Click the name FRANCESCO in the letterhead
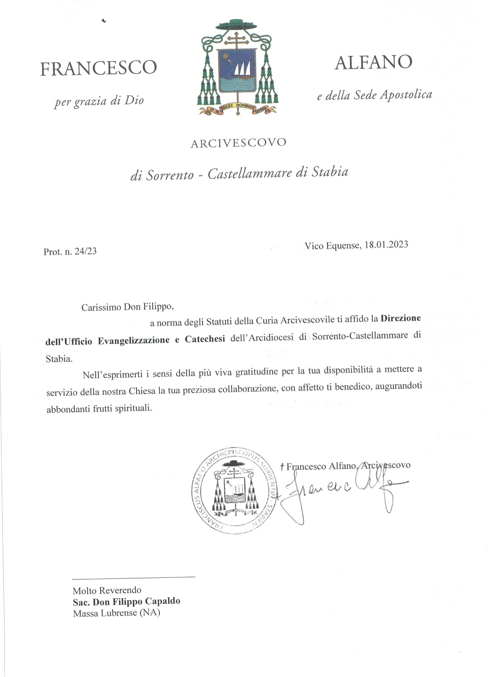(x=98, y=68)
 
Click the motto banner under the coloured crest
(x=237, y=109)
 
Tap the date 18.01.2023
(x=386, y=245)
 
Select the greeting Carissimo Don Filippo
(x=128, y=307)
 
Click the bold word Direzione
(x=400, y=318)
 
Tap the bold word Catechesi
(x=205, y=340)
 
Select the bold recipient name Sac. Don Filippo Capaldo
(x=127, y=601)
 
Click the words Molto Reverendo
(x=107, y=590)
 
